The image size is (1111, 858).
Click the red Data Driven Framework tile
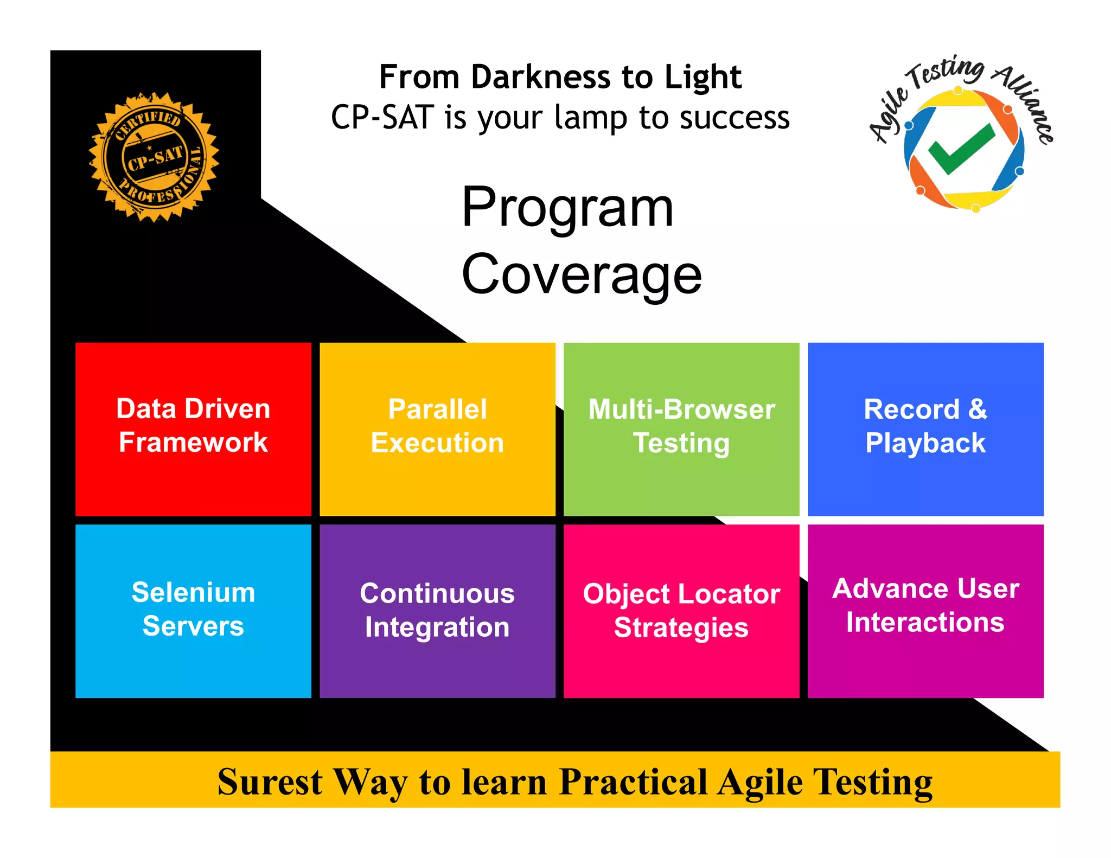[193, 428]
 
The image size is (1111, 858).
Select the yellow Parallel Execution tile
[437, 428]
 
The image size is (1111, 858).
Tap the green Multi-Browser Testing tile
[681, 428]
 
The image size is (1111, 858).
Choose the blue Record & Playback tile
[925, 428]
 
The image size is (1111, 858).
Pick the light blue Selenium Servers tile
[193, 611]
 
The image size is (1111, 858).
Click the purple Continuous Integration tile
[437, 611]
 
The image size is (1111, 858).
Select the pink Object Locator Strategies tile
[681, 611]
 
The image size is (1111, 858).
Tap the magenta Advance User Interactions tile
[925, 611]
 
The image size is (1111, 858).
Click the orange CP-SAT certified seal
[154, 157]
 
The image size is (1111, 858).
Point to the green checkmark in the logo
[960, 149]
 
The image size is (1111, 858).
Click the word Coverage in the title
[582, 275]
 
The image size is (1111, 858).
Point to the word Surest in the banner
[270, 782]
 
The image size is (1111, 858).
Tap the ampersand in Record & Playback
[977, 409]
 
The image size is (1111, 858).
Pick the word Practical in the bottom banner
[634, 782]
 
